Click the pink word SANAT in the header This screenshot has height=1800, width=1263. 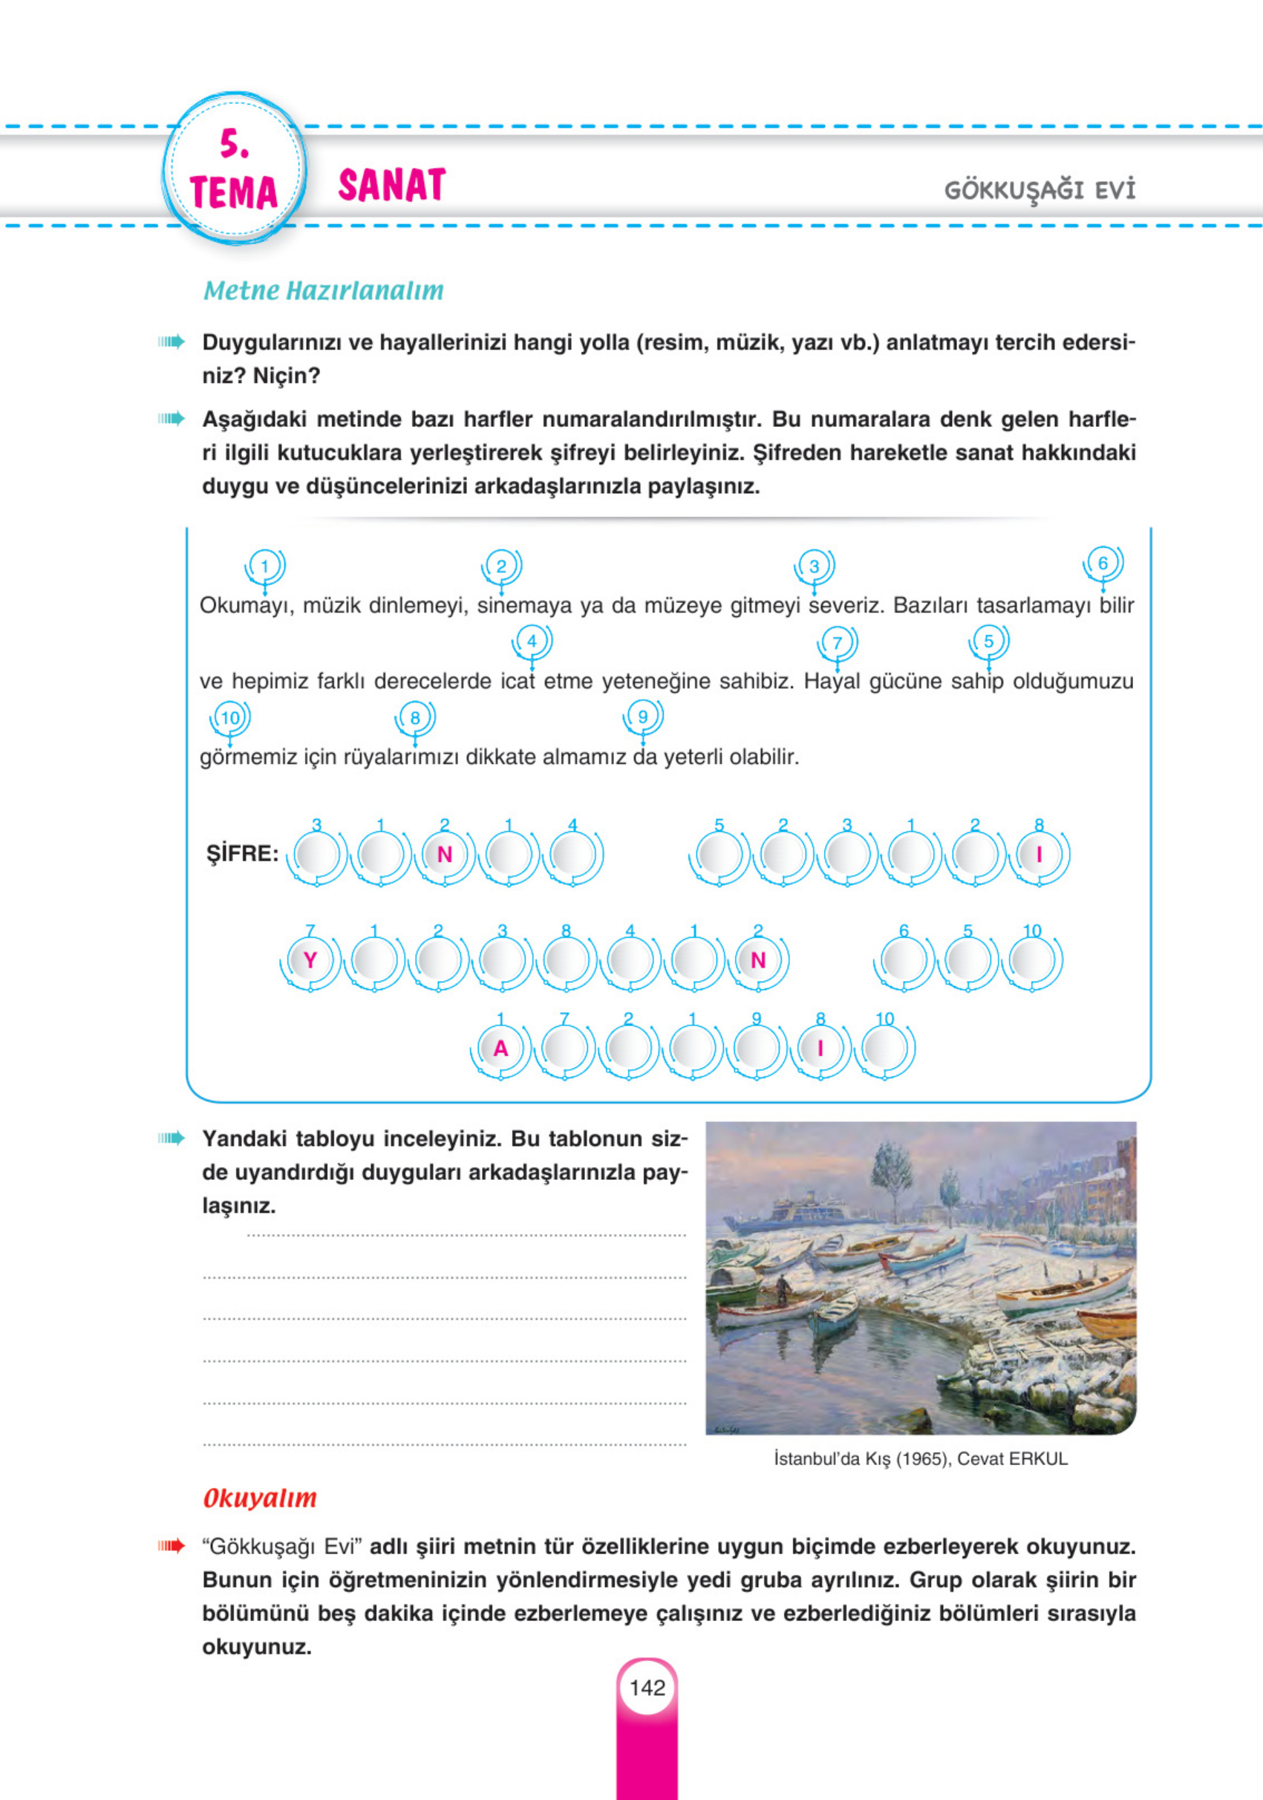click(x=391, y=186)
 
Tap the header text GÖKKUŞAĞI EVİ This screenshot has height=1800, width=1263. click(x=1040, y=191)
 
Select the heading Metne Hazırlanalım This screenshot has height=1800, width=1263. click(x=323, y=291)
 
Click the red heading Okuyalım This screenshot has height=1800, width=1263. click(x=259, y=1499)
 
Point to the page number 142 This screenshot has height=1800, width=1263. click(x=647, y=1688)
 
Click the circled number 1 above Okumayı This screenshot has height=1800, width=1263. click(x=264, y=566)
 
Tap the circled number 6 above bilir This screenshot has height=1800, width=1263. click(x=1103, y=563)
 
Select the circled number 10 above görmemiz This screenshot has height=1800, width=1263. click(x=229, y=718)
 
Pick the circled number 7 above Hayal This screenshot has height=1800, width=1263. click(x=837, y=643)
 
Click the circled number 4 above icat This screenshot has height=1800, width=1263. click(x=532, y=642)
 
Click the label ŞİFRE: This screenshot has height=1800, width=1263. click(x=242, y=854)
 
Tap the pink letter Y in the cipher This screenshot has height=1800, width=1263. click(x=310, y=960)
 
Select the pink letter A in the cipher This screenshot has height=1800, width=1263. click(x=500, y=1049)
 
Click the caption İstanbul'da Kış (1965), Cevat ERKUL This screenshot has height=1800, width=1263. click(x=921, y=1459)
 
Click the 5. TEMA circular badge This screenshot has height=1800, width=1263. click(x=235, y=169)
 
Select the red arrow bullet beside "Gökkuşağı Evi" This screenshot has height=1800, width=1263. click(x=171, y=1547)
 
